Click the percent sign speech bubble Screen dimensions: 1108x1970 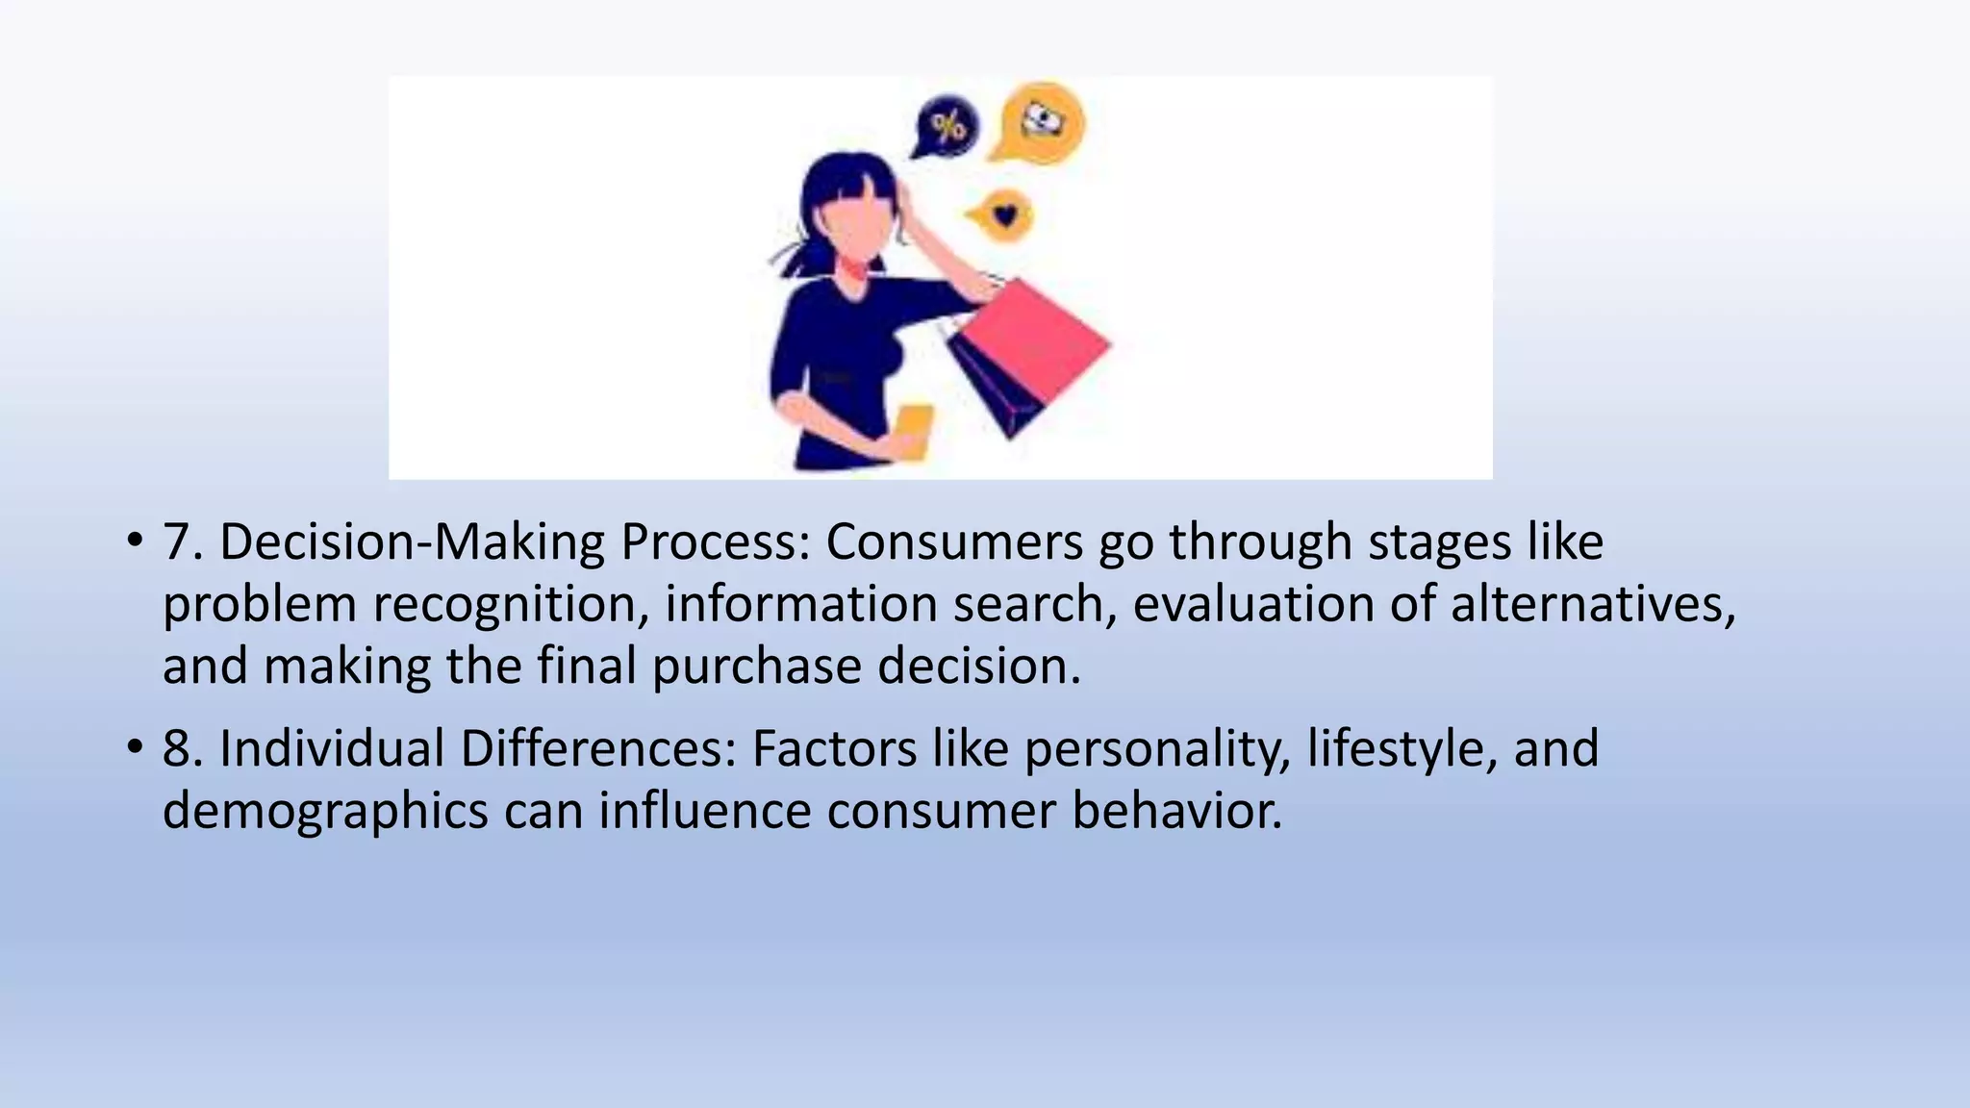point(947,126)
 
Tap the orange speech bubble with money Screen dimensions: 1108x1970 point(1042,122)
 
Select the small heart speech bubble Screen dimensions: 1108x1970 point(1003,215)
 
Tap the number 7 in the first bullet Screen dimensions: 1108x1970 point(179,542)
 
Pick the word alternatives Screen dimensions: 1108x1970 point(1592,605)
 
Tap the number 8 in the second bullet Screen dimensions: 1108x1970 point(179,749)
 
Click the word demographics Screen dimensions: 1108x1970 point(325,812)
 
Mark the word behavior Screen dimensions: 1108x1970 point(1176,810)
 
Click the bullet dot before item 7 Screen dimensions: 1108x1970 point(135,541)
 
